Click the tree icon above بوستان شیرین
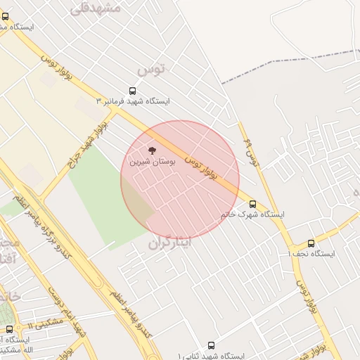(152, 150)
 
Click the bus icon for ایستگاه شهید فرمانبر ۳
(132, 91)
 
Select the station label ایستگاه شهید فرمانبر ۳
(137, 101)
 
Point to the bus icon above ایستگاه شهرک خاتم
(252, 204)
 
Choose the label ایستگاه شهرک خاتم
(252, 214)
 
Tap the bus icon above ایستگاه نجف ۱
(311, 243)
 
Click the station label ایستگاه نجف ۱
(311, 253)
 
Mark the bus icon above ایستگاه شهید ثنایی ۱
(211, 346)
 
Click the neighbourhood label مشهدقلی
(96, 8)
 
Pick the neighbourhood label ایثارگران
(169, 243)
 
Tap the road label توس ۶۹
(251, 154)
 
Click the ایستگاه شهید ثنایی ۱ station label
(211, 356)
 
